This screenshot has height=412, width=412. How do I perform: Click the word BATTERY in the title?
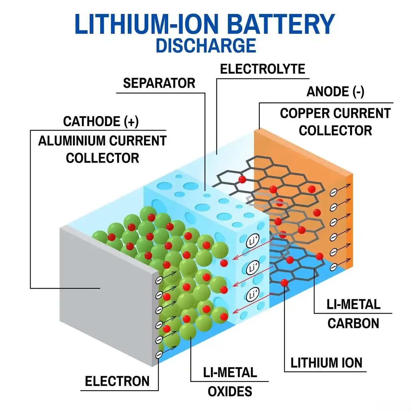point(281,25)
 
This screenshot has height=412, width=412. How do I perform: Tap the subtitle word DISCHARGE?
point(206,46)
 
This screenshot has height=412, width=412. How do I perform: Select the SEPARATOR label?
point(159,83)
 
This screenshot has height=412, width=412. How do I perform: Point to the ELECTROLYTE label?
point(262,69)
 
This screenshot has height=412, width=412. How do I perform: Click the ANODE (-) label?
point(335,92)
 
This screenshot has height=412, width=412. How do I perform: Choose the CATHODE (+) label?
point(101,121)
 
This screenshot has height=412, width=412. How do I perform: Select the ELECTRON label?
point(117,381)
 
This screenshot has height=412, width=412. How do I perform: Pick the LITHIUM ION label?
point(326,363)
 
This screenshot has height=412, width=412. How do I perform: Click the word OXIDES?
point(230,392)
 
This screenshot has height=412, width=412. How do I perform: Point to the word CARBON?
point(353,323)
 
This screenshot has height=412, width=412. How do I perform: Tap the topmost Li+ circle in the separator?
point(253,241)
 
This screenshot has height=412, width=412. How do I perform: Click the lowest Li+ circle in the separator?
point(253,294)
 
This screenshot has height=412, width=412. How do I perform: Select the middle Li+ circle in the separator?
point(253,268)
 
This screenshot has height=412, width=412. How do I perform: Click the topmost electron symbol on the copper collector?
point(334,192)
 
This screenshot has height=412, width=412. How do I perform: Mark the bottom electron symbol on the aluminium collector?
point(159,355)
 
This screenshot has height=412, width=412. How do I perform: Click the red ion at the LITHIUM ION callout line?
point(284,283)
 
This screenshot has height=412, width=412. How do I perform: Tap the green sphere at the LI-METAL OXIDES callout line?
point(188,331)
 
